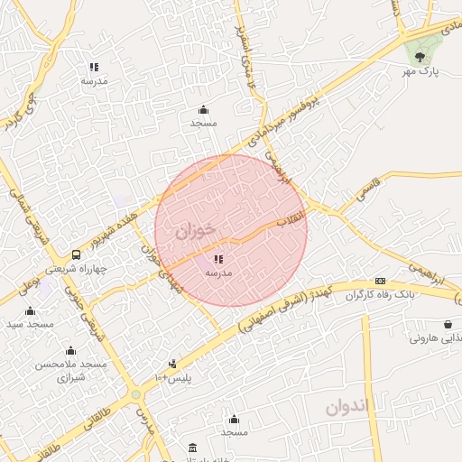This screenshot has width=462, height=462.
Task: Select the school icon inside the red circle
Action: (x=219, y=259)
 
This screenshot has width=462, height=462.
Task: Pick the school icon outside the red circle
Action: (x=94, y=67)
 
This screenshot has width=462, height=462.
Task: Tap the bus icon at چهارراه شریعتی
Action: (x=76, y=254)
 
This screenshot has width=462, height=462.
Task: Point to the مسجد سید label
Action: (x=30, y=323)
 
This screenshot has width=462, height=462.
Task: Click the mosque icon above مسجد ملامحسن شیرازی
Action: (x=70, y=351)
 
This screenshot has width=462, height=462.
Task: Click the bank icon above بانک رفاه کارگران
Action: (x=381, y=281)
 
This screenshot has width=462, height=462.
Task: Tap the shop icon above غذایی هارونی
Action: (x=448, y=325)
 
